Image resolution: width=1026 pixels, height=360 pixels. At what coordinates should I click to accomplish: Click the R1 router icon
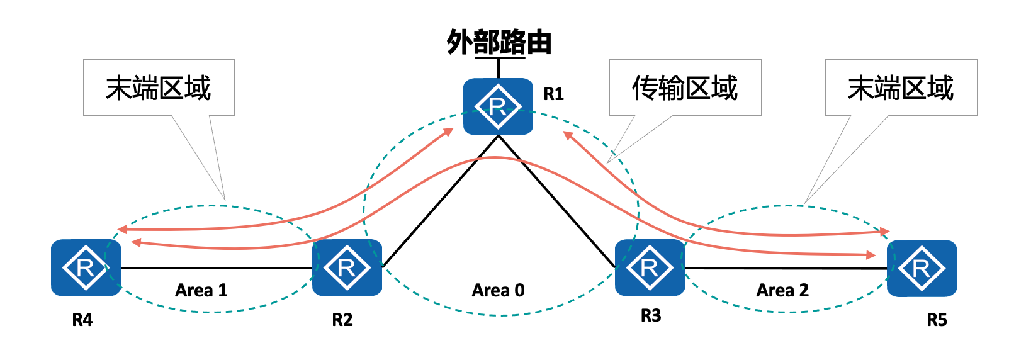tap(498, 106)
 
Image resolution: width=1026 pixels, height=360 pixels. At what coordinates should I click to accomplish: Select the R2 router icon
tap(347, 267)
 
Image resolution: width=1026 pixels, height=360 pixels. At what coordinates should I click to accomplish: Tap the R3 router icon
tap(649, 267)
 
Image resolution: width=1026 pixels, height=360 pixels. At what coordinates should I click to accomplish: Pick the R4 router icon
tap(86, 267)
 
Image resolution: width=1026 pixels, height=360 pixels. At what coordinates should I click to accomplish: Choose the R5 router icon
tap(922, 268)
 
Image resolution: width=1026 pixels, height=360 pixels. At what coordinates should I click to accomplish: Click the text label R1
tap(553, 94)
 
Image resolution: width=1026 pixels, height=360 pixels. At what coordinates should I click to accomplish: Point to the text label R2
tap(342, 320)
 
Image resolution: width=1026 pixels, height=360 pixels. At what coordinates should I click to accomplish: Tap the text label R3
tap(651, 315)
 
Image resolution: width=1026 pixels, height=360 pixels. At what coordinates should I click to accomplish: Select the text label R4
tap(82, 320)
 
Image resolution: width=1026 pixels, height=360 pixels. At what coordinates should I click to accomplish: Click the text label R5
tap(937, 320)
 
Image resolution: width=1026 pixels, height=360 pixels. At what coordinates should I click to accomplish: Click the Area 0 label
tap(498, 290)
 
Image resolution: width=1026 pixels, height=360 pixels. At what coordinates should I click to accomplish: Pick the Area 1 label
tap(201, 290)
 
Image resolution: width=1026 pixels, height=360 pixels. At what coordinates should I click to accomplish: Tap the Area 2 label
tap(782, 290)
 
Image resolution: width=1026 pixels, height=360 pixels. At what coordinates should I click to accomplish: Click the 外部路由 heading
tap(499, 43)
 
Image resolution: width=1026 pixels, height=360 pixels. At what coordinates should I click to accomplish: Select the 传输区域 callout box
tap(685, 87)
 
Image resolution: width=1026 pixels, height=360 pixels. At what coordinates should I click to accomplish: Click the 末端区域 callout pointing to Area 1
tap(159, 87)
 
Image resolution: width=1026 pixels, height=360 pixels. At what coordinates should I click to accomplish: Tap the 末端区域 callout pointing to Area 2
tap(901, 87)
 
